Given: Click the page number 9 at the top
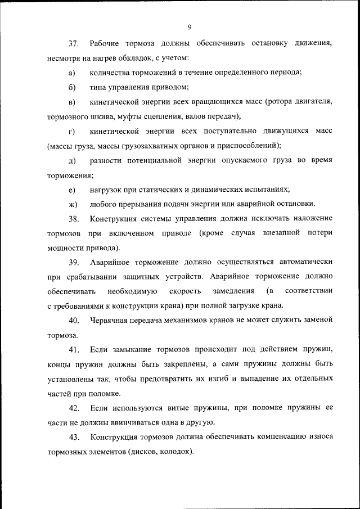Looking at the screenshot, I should pyautogui.click(x=190, y=26).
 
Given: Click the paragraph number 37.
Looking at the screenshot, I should pyautogui.click(x=73, y=43).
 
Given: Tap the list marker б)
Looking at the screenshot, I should pyautogui.click(x=71, y=87).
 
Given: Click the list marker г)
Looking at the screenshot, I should pyautogui.click(x=71, y=131).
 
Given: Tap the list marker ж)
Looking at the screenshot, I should pyautogui.click(x=72, y=204).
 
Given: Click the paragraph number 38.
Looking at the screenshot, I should pyautogui.click(x=73, y=218).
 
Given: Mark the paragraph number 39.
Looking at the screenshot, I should pyautogui.click(x=73, y=262).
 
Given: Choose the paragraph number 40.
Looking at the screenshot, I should pyautogui.click(x=73, y=320).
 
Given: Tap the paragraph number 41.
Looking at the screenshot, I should pyautogui.click(x=73, y=349).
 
